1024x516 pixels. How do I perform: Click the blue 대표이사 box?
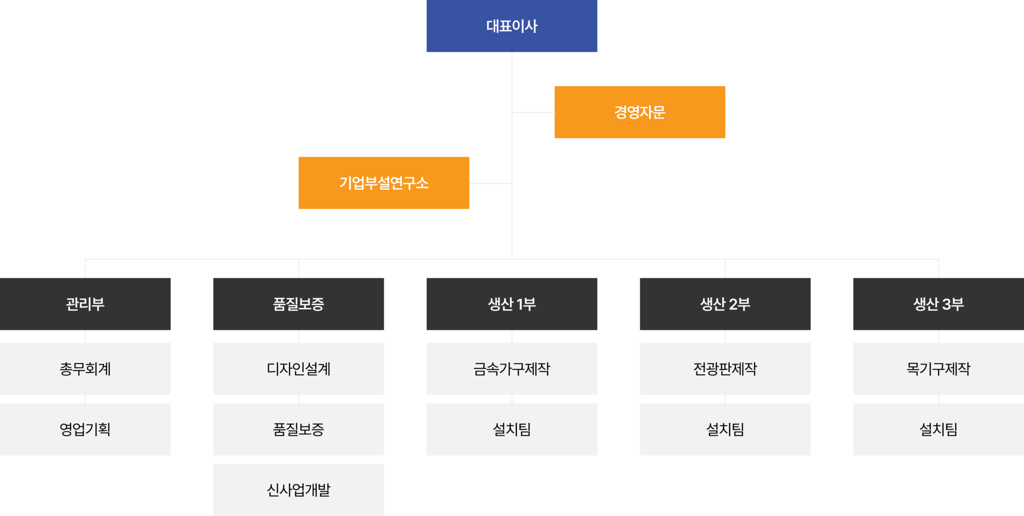pos(512,26)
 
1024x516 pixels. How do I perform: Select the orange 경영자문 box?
pos(640,112)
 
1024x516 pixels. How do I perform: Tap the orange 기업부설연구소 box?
pos(384,183)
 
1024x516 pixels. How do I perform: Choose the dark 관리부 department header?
pos(85,304)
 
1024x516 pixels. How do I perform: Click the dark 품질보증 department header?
pos(299,304)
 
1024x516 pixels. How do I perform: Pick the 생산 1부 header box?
pos(512,304)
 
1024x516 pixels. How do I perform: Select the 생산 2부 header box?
pos(725,304)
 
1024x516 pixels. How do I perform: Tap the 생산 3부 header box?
pos(939,304)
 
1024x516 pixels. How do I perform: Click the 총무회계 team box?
pos(85,369)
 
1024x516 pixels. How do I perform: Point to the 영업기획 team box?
pos(85,429)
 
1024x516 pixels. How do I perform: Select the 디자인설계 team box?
pos(299,369)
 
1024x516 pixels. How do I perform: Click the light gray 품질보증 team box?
pos(299,429)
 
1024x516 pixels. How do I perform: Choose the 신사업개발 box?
pos(299,490)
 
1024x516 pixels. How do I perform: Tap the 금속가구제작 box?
pos(512,369)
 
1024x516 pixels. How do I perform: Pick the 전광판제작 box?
pos(725,369)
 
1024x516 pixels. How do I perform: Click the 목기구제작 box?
pos(939,369)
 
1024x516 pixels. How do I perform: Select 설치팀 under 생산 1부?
pos(512,429)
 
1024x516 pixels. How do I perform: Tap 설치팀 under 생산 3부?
pos(939,429)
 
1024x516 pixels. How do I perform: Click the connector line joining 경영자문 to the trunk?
pos(533,112)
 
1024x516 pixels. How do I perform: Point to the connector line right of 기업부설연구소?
pos(491,183)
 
